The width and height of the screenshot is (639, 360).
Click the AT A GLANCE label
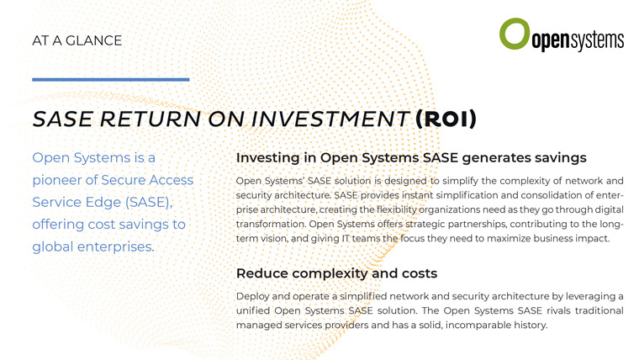[x=77, y=40]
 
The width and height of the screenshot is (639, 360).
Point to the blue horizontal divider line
[x=111, y=80]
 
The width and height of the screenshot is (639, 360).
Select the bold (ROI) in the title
[x=446, y=119]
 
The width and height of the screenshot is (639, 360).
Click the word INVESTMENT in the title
[x=330, y=119]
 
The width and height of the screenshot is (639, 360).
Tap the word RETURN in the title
[x=151, y=119]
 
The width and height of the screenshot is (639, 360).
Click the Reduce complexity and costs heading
[x=336, y=273]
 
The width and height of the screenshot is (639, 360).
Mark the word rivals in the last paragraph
[x=558, y=310]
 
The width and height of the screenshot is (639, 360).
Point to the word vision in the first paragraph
[x=274, y=239]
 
